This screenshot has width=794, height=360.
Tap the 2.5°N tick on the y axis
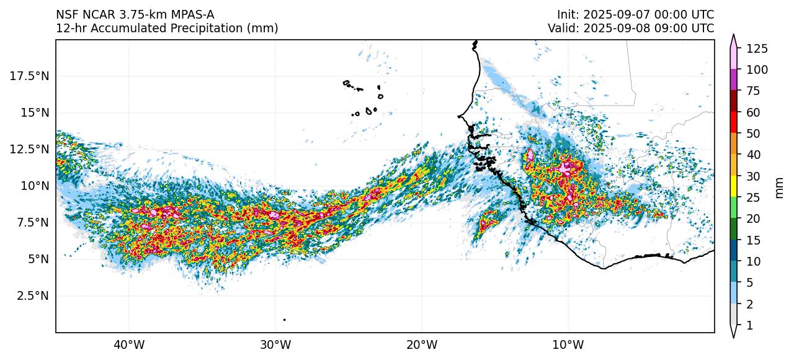pyautogui.click(x=33, y=295)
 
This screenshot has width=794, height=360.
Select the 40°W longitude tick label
pyautogui.click(x=129, y=344)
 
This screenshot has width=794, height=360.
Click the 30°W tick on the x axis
pyautogui.click(x=275, y=344)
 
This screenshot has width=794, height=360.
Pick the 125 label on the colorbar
pyautogui.click(x=757, y=48)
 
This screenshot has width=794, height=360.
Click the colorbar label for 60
pyautogui.click(x=753, y=112)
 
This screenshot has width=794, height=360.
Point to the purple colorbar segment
pyautogui.click(x=734, y=80)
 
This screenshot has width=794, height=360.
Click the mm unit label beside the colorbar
pyautogui.click(x=780, y=186)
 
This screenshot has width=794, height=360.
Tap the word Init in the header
pyautogui.click(x=567, y=14)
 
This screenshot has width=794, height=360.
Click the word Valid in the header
pyautogui.click(x=562, y=28)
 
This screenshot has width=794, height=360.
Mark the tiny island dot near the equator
pyautogui.click(x=284, y=320)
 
